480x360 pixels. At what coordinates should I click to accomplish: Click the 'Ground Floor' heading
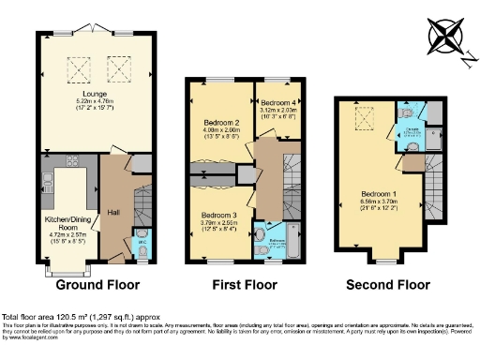pyautogui.click(x=98, y=284)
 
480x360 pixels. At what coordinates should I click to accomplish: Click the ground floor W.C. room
pyautogui.click(x=142, y=237)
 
